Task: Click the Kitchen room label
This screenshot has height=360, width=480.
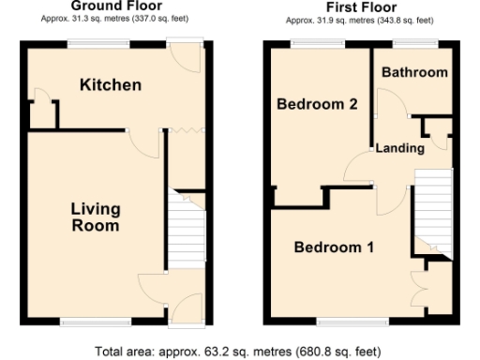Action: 110,85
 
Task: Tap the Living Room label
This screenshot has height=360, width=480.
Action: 95,217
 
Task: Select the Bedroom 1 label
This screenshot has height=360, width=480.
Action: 335,247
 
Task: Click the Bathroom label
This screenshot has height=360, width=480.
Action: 414,72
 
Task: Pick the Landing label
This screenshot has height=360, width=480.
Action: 400,148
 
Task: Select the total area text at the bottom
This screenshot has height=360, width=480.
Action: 240,351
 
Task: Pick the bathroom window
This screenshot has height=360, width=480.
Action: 414,43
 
